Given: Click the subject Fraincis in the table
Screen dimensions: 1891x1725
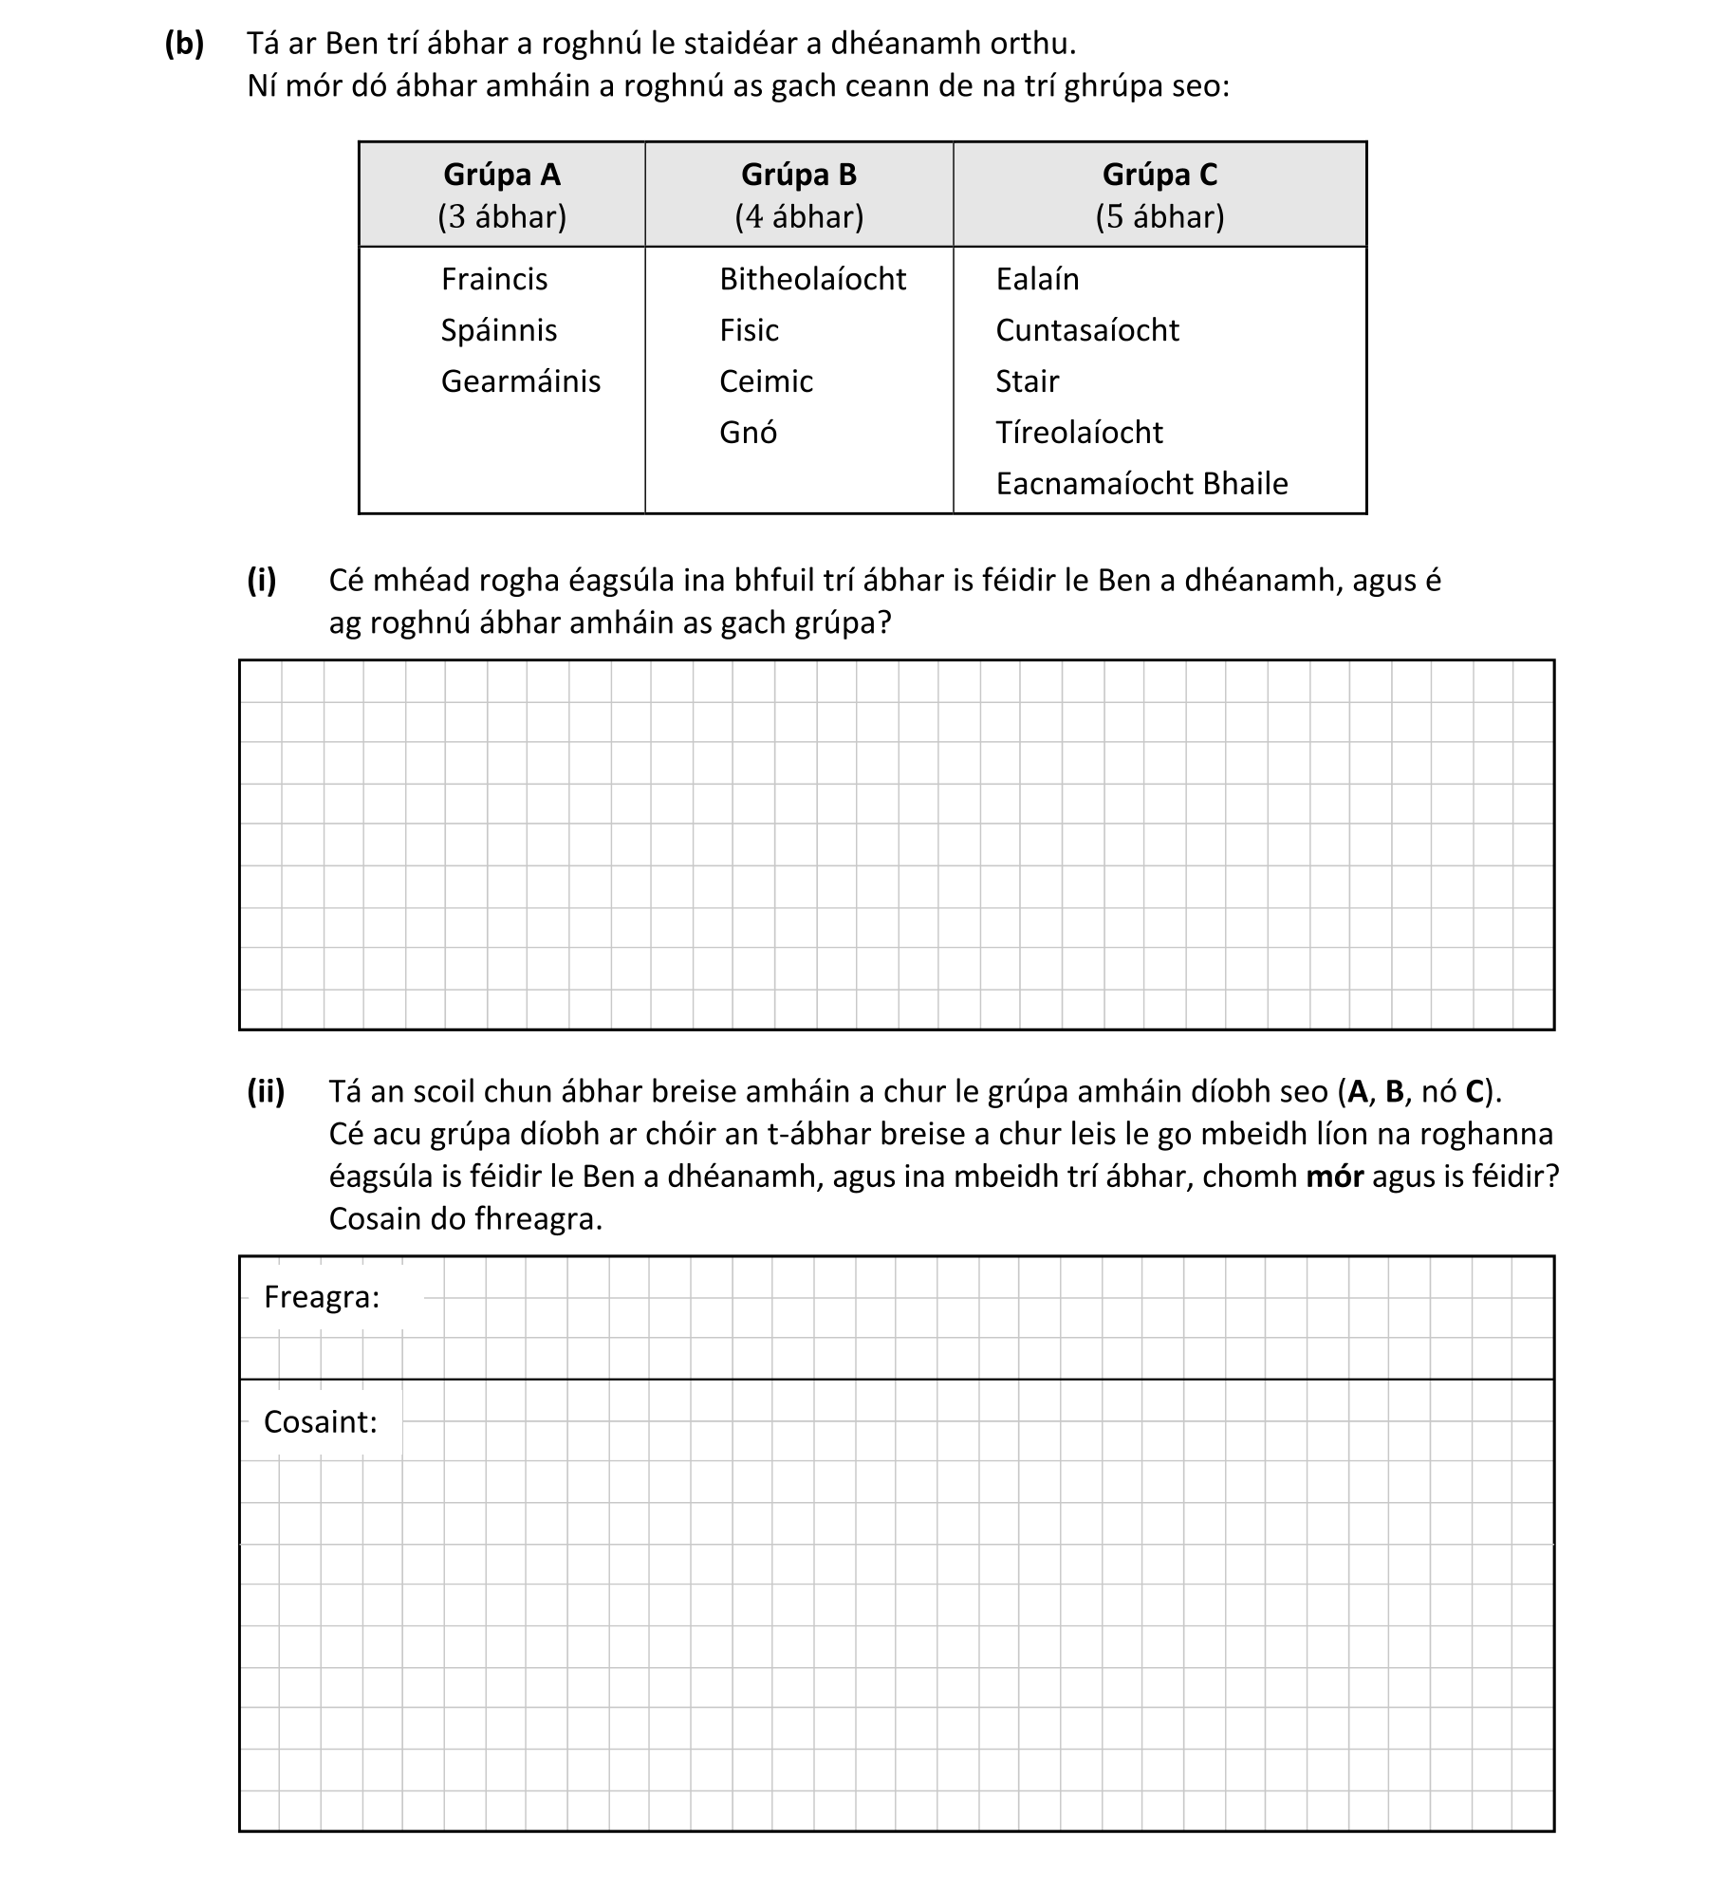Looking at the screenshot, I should [x=494, y=280].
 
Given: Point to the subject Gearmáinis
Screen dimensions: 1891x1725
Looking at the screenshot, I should [x=521, y=382].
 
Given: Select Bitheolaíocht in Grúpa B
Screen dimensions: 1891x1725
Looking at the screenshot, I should [x=813, y=280].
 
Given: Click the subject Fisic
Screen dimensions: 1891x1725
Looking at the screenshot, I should [x=749, y=331].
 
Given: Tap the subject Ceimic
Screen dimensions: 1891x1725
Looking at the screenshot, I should [x=766, y=382].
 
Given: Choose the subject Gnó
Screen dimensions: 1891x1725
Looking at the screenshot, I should [x=748, y=434].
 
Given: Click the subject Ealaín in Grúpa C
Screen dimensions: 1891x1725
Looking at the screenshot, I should [x=1037, y=280].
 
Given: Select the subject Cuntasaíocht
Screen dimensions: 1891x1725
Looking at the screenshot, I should [x=1087, y=331].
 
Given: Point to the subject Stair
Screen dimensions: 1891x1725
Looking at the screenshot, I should [x=1027, y=382].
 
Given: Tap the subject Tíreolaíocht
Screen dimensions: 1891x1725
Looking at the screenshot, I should [x=1079, y=434].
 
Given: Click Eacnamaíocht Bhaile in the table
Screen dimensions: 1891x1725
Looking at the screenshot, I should [x=1141, y=485].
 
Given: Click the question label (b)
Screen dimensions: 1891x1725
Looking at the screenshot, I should [x=184, y=45].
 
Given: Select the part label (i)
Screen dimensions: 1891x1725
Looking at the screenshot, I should [x=262, y=581].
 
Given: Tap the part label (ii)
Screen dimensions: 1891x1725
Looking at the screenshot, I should [x=266, y=1092].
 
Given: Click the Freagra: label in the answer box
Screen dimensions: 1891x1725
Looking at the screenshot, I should [x=322, y=1297].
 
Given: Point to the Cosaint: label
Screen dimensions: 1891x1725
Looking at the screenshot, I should [x=321, y=1422].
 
